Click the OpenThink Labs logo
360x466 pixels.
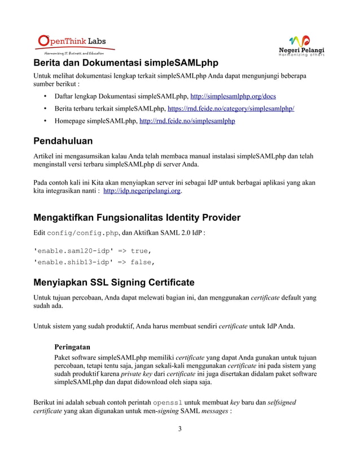(x=71, y=44)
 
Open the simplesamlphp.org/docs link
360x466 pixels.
(x=233, y=96)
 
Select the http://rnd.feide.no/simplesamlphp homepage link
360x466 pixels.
(x=187, y=121)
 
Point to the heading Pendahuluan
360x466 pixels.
(x=63, y=140)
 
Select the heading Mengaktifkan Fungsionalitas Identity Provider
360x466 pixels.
(x=137, y=217)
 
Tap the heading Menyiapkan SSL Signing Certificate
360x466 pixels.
(x=114, y=282)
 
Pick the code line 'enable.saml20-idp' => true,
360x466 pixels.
(x=93, y=250)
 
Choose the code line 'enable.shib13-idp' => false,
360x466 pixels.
(x=94, y=262)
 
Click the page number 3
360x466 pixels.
(x=179, y=429)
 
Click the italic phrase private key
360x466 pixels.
(x=137, y=373)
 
